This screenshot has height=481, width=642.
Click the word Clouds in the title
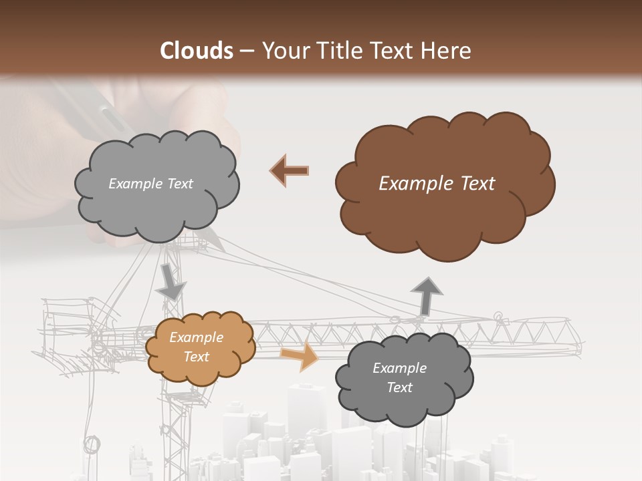click(x=197, y=51)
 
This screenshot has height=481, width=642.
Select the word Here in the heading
click(x=447, y=51)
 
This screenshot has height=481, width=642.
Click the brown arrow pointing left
click(x=290, y=170)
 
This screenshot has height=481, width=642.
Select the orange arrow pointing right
click(x=300, y=356)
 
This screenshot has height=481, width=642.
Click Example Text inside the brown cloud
click(x=437, y=184)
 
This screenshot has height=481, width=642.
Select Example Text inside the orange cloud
click(x=196, y=347)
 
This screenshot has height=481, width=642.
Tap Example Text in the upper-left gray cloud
click(x=150, y=184)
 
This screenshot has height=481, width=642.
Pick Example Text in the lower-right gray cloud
click(x=399, y=377)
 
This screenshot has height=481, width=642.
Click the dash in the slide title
click(x=247, y=51)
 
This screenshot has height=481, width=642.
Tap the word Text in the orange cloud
click(x=197, y=357)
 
